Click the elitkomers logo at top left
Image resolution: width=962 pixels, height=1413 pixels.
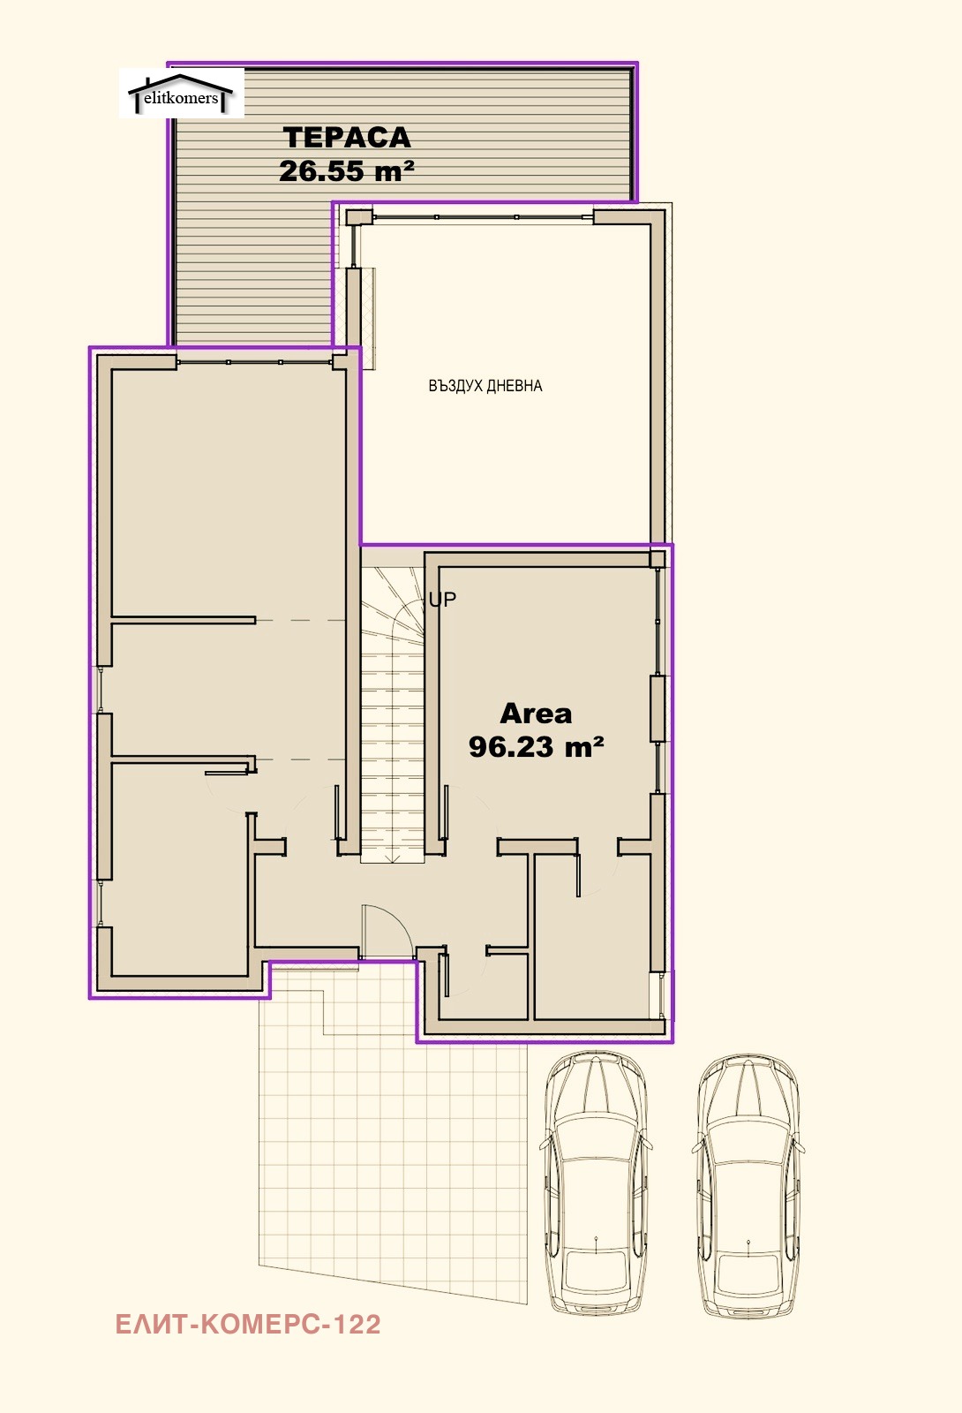(x=182, y=94)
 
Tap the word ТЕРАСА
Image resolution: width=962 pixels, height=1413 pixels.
(x=348, y=138)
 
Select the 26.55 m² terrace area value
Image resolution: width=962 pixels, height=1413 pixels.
(x=347, y=170)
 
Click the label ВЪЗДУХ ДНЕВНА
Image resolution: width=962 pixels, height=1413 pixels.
(x=485, y=385)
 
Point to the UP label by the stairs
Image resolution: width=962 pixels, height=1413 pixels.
(x=442, y=600)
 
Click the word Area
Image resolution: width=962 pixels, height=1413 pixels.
(x=536, y=714)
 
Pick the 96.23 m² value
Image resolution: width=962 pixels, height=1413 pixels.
(x=536, y=747)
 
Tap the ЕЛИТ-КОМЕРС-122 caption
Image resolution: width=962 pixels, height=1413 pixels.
(x=248, y=1325)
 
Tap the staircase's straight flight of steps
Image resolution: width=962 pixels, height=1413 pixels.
(x=392, y=757)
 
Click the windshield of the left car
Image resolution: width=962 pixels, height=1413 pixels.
(x=597, y=1138)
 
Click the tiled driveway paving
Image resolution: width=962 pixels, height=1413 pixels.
(x=391, y=1136)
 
